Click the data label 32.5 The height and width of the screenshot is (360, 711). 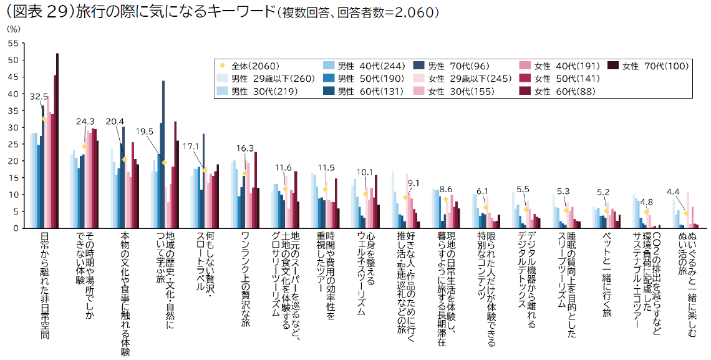tap(39, 97)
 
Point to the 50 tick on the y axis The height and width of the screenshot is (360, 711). tap(12, 61)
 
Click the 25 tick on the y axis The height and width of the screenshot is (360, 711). tap(12, 144)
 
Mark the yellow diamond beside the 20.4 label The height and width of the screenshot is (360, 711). tap(125, 160)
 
